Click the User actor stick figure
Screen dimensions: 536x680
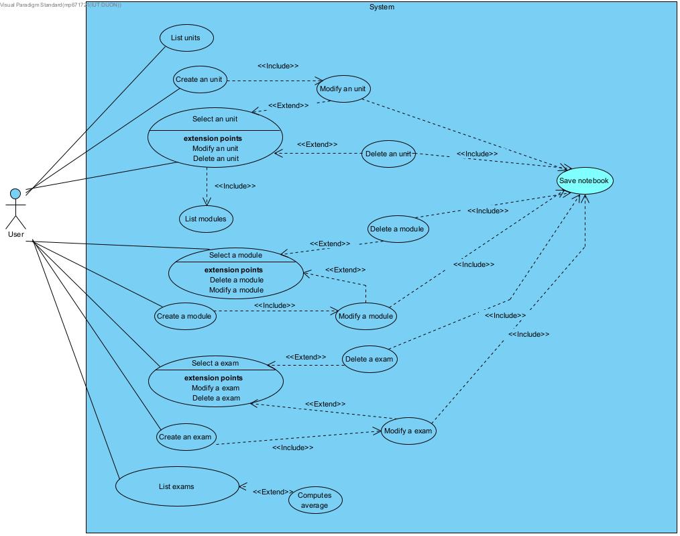15,209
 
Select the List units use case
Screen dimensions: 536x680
186,38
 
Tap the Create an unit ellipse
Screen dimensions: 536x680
199,80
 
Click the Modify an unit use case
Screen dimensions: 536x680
343,89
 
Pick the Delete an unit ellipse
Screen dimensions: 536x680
388,154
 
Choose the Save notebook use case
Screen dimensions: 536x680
584,181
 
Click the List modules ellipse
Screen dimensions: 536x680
206,219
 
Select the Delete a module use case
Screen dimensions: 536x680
398,229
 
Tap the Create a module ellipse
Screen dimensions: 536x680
184,317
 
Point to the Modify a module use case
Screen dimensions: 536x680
365,317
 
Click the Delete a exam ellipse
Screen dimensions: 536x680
369,359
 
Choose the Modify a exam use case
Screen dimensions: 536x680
408,431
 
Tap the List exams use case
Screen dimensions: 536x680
177,486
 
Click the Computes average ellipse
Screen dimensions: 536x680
315,500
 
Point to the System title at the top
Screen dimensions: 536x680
382,7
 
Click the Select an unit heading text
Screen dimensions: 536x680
215,119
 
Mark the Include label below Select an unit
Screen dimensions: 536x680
235,186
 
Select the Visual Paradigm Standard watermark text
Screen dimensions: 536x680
60,5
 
